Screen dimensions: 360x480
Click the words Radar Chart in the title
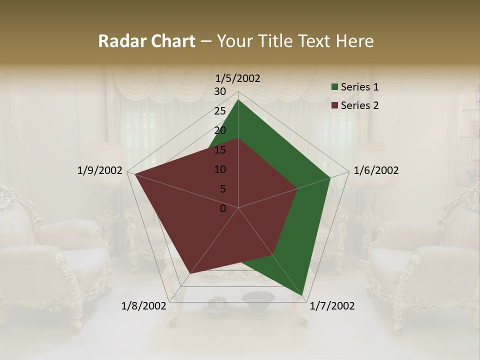146,41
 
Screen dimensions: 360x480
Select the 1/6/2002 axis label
376,170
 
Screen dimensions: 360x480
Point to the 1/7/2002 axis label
332,306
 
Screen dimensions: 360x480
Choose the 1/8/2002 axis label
144,306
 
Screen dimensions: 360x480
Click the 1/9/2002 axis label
100,170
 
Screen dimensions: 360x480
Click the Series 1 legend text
359,87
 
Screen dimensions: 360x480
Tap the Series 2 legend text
359,105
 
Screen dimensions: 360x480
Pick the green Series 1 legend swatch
335,87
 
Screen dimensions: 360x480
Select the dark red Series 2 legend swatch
335,105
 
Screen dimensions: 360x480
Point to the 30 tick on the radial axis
220,91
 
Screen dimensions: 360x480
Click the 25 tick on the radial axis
220,111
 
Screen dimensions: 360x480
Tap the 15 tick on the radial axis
220,150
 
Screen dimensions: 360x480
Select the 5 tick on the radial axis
222,189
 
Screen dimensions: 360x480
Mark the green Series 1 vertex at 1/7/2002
303,295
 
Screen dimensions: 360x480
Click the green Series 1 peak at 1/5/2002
238,100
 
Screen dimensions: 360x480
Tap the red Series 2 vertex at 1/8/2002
190,273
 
